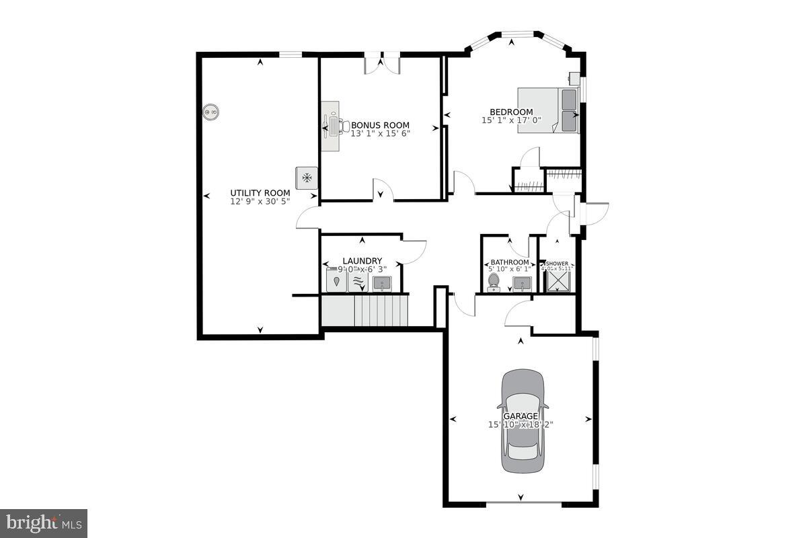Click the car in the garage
click(x=523, y=422)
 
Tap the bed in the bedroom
click(x=548, y=110)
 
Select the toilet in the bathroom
click(x=494, y=282)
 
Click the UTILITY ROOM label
click(x=260, y=193)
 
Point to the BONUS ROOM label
click(x=380, y=125)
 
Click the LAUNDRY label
click(x=362, y=261)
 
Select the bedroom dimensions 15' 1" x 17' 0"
click(x=511, y=120)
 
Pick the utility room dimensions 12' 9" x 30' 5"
click(x=260, y=201)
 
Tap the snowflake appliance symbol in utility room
click(x=307, y=178)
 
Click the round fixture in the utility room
click(x=211, y=112)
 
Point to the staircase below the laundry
click(x=364, y=311)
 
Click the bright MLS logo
click(x=44, y=523)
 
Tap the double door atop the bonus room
click(x=382, y=65)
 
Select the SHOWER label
click(x=558, y=264)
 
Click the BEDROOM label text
click(x=511, y=112)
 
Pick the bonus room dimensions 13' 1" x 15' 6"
click(x=380, y=133)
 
